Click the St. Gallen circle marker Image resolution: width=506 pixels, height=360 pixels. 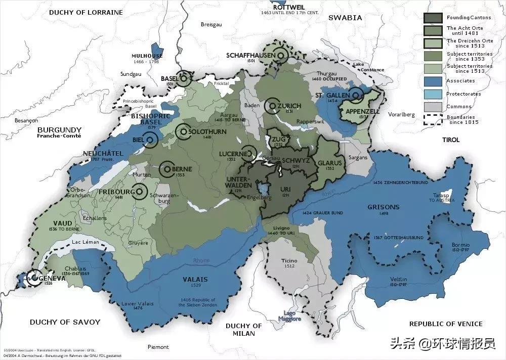pyautogui.click(x=357, y=95)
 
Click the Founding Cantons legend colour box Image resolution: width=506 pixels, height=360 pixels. pyautogui.click(x=434, y=18)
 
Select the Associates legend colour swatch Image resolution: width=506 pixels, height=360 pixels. pyautogui.click(x=434, y=80)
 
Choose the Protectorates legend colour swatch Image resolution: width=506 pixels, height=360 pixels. pyautogui.click(x=434, y=94)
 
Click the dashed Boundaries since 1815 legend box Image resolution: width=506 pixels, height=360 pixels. pyautogui.click(x=434, y=120)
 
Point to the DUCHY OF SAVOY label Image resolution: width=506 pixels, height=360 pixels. pyautogui.click(x=65, y=322)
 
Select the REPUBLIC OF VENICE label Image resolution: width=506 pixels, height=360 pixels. pyautogui.click(x=446, y=324)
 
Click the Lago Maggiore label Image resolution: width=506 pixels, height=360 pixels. pyautogui.click(x=289, y=316)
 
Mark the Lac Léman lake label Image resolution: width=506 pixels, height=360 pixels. pyautogui.click(x=86, y=243)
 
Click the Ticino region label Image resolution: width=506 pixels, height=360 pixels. pyautogui.click(x=289, y=261)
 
